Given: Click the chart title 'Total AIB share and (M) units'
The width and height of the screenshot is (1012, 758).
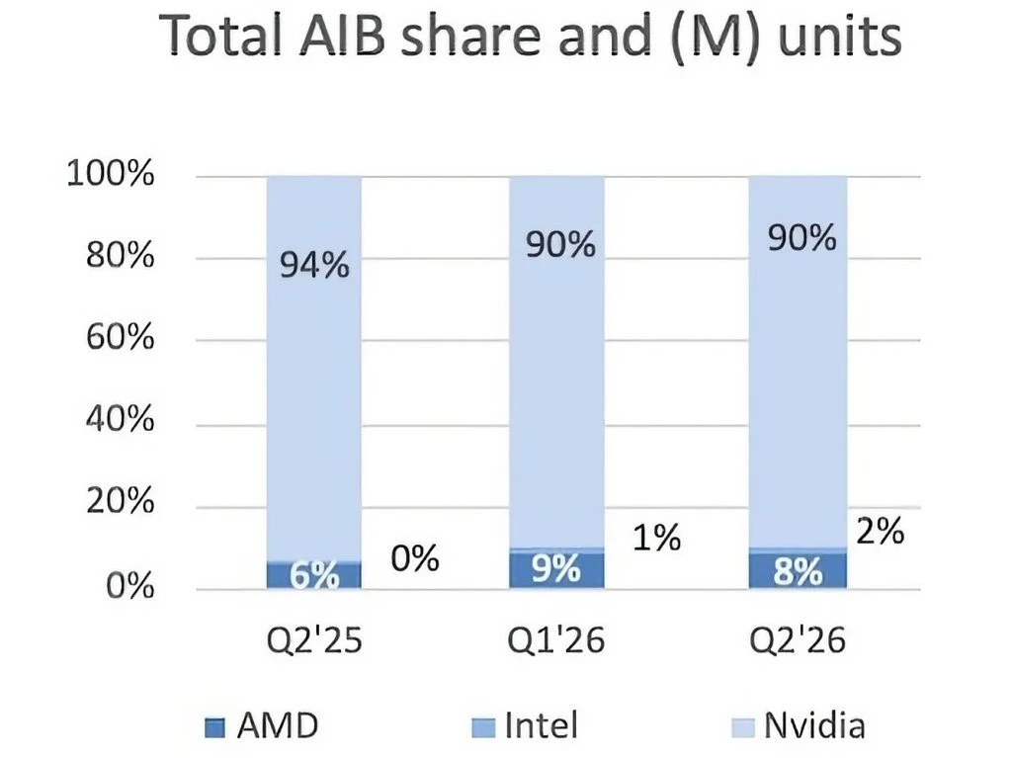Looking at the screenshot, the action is click(530, 37).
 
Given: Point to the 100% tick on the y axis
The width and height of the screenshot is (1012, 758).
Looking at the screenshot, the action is click(111, 174).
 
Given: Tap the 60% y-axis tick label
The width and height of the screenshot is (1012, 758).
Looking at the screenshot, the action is click(120, 337).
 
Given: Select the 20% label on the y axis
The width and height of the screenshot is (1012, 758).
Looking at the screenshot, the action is click(120, 501).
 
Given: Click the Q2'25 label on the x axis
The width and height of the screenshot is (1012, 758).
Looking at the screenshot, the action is click(314, 640).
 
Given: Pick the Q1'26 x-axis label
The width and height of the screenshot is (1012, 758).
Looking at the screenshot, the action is click(556, 640).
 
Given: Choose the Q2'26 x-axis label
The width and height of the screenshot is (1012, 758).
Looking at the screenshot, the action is click(798, 640).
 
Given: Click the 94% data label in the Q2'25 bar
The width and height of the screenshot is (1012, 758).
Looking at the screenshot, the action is click(314, 266).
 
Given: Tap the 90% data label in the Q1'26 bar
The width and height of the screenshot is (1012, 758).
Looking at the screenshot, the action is click(560, 245).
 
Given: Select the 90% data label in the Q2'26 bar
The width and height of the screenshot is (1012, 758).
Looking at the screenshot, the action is click(802, 237).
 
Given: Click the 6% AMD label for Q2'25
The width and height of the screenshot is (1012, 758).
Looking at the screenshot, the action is click(314, 574).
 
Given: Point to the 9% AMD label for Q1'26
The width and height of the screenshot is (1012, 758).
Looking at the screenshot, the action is click(556, 568).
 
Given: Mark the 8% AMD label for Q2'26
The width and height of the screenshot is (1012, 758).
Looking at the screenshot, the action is click(799, 571).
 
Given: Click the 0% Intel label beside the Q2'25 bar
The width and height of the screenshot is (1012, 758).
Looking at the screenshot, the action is click(415, 558).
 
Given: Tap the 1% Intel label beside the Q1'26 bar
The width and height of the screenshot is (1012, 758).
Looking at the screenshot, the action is click(656, 538).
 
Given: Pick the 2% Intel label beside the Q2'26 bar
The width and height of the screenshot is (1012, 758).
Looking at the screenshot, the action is click(881, 532).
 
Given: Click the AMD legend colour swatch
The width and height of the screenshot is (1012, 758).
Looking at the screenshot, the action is click(214, 727).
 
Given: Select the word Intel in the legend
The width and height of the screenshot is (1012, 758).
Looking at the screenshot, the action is click(541, 725).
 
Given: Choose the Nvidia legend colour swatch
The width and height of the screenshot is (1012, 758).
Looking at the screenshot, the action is click(743, 727).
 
